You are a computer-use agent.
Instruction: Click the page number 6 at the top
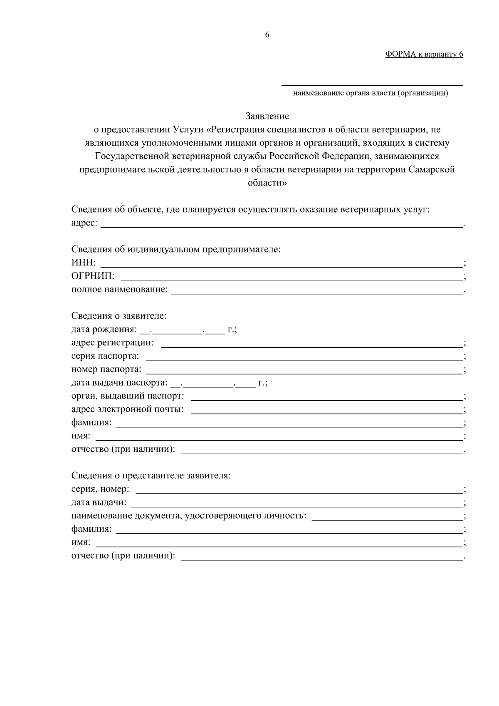pos(267,35)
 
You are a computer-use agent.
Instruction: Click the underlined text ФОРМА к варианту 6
pos(424,54)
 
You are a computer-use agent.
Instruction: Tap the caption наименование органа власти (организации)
pos(371,93)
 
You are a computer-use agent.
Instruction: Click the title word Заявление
pos(267,116)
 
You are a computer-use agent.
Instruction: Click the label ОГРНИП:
pos(93,276)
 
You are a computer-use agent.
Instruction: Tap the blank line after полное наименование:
pos(317,290)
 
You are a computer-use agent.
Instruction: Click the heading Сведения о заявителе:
pos(119,316)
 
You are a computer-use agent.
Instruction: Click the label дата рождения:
pos(104,329)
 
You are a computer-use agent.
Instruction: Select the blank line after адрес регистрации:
pos(311,344)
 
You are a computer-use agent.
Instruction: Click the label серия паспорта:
pos(105,356)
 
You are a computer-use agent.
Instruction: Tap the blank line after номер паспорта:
pos(304,370)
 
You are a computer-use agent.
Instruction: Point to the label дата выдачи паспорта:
pos(119,383)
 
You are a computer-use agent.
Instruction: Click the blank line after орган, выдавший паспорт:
pos(326,397)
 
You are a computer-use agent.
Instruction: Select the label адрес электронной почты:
pos(127,409)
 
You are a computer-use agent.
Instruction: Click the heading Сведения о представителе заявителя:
pos(151,476)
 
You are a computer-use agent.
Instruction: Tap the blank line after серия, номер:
pos(299,490)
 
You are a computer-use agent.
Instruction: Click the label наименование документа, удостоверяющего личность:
pos(189,516)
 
